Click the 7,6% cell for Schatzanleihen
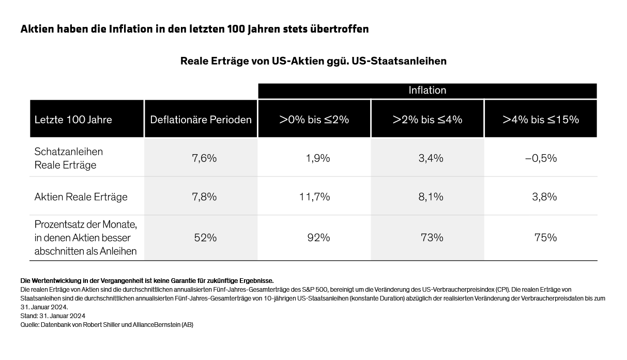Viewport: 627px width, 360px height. pos(204,158)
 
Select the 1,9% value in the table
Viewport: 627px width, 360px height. pos(318,158)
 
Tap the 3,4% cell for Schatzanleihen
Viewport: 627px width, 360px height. pos(431,158)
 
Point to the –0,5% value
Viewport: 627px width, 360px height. pos(541,158)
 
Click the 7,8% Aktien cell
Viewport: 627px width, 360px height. pos(204,197)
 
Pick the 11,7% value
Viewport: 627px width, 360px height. pos(318,197)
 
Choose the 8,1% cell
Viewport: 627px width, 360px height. pos(431,197)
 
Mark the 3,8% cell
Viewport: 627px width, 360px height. pos(544,197)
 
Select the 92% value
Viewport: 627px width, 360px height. pos(318,238)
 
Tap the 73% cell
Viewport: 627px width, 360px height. pos(432,238)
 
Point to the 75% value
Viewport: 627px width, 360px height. pos(545,238)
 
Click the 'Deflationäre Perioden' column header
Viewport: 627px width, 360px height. pos(201,119)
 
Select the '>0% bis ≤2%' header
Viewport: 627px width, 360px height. pos(314,119)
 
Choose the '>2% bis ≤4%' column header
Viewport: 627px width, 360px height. pos(427,119)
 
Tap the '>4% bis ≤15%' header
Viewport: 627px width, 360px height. pos(541,119)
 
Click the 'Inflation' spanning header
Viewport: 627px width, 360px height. pos(427,91)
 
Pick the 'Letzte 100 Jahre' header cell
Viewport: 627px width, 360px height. pos(73,119)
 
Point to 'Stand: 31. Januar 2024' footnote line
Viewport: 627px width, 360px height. pos(53,316)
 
